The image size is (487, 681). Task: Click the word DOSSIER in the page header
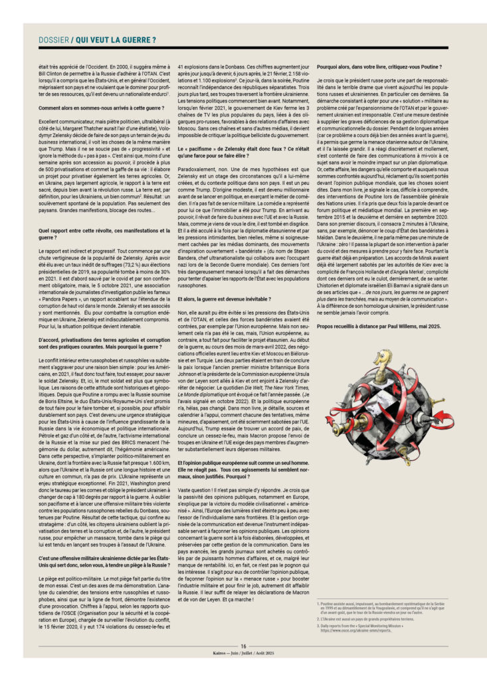coord(54,41)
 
